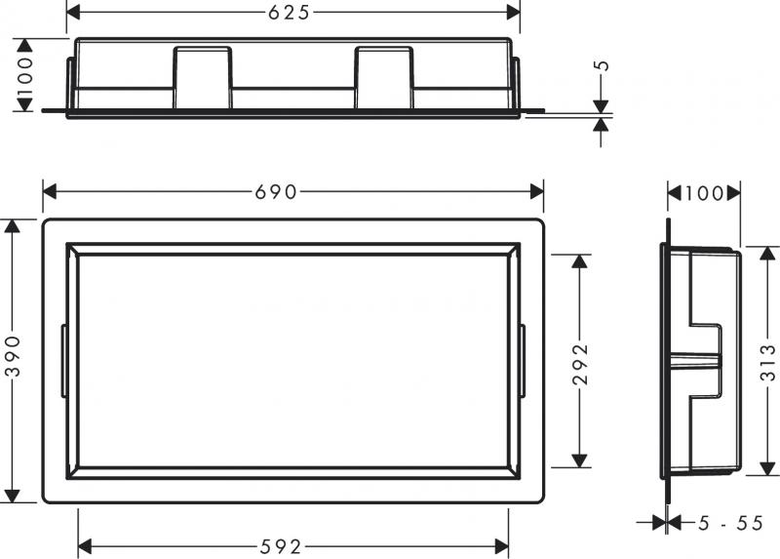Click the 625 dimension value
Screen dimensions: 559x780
(290, 13)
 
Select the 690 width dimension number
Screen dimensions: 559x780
(276, 192)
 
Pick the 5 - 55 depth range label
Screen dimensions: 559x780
(730, 524)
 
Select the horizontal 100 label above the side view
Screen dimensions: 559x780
(704, 193)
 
